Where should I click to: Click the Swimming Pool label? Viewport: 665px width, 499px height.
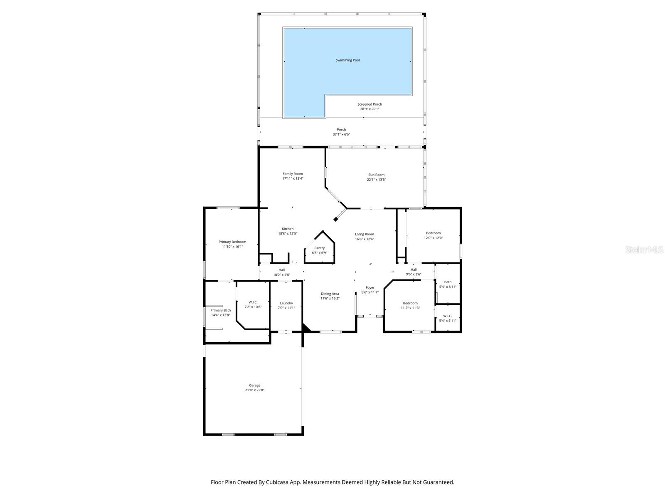(347, 60)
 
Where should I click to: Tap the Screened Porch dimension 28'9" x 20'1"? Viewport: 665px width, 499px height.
(369, 109)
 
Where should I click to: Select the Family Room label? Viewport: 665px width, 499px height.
(293, 174)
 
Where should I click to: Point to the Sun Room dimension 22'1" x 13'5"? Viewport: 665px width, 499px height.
(376, 180)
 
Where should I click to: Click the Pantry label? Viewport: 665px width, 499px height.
(319, 248)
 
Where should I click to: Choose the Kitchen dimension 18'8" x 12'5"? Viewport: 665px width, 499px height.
(288, 234)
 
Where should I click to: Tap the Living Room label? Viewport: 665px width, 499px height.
(364, 234)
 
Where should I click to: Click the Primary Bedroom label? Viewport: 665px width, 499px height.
(232, 242)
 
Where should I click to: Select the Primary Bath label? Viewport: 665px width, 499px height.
(220, 310)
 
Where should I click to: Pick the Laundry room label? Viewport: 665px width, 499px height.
(286, 303)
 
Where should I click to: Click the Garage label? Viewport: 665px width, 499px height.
(254, 385)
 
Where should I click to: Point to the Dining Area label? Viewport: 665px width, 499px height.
(330, 294)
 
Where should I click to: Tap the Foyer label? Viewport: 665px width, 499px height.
(369, 287)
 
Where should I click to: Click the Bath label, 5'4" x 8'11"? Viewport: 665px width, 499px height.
(448, 282)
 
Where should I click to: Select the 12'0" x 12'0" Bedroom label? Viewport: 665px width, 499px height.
(433, 233)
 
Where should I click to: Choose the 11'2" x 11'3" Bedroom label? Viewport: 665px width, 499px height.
(410, 303)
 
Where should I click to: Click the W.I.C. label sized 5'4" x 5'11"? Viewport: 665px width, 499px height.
(448, 316)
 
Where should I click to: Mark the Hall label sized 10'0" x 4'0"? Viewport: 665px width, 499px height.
(281, 270)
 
